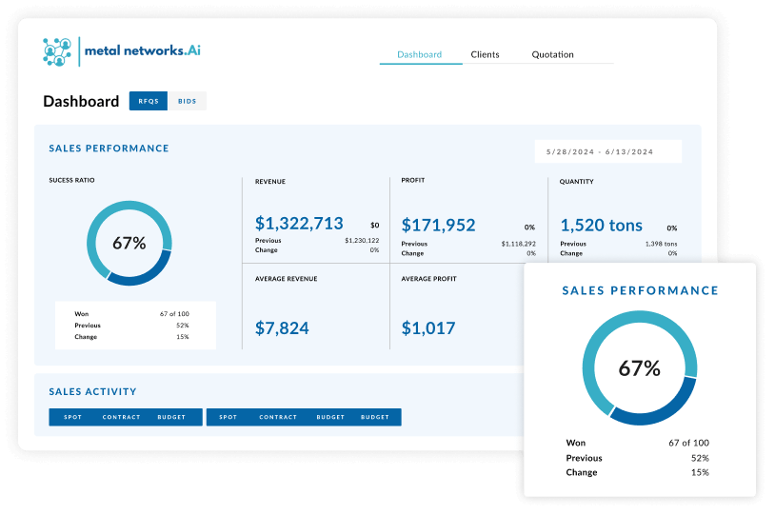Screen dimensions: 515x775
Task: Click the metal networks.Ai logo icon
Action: pos(58,51)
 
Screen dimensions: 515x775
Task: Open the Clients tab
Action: pos(485,54)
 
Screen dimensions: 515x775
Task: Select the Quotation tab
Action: pos(552,54)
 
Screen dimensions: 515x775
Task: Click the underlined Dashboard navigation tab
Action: pos(419,54)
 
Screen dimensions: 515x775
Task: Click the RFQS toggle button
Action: pos(149,101)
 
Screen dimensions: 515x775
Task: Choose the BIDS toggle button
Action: pos(188,101)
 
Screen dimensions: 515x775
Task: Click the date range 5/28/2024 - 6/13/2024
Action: pos(600,151)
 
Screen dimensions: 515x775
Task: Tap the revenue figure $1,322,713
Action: pos(299,224)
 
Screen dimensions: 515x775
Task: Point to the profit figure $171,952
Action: pos(438,225)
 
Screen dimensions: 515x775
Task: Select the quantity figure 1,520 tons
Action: pos(601,225)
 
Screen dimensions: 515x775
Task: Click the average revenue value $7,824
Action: pos(282,327)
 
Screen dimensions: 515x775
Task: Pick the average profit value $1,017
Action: pos(428,327)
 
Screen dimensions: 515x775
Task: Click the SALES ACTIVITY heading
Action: pos(92,391)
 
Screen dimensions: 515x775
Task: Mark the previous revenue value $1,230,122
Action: pos(362,241)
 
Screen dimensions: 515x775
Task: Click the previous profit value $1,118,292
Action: pos(519,244)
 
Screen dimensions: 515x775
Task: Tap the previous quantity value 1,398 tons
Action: pos(660,244)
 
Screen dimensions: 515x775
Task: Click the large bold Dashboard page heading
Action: pos(81,102)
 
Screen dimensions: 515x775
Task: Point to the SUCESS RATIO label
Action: pos(72,180)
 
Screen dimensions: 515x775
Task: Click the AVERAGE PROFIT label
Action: pos(428,279)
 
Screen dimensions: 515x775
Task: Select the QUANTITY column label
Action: pos(577,181)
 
